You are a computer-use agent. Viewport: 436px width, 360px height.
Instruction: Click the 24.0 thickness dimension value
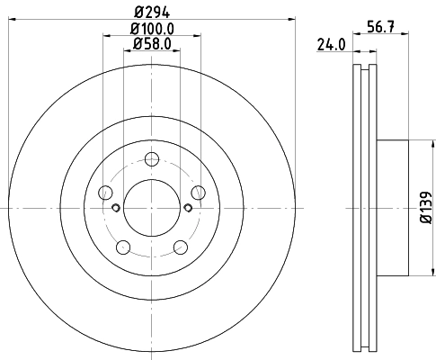coord(332,43)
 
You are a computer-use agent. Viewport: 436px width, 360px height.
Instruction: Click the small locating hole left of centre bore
coord(116,209)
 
